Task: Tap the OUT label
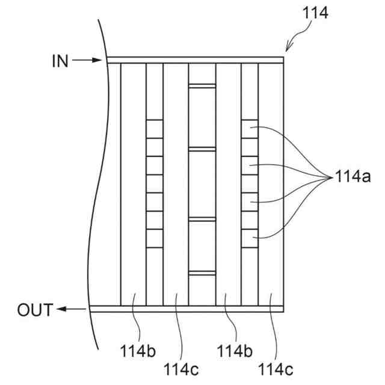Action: coord(35,310)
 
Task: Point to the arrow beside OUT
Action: coord(71,310)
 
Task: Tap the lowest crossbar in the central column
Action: coord(202,274)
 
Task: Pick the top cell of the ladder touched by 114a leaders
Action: coord(249,128)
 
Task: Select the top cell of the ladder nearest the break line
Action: coord(155,128)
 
